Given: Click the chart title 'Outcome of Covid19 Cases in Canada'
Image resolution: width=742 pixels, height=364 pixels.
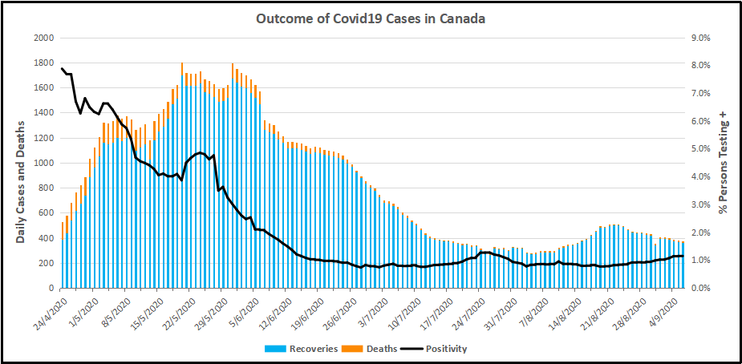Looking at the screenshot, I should (x=370, y=18).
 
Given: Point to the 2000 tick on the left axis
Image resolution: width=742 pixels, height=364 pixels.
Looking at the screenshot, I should (x=43, y=38).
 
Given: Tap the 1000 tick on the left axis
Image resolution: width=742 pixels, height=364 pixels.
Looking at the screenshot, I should (x=43, y=164).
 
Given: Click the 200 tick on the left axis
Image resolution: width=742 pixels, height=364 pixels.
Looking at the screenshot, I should (x=47, y=264).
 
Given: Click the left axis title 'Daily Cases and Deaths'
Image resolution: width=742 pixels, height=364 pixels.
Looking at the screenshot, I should (x=21, y=176).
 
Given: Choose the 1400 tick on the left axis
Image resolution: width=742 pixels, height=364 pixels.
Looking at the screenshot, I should (x=43, y=114).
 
